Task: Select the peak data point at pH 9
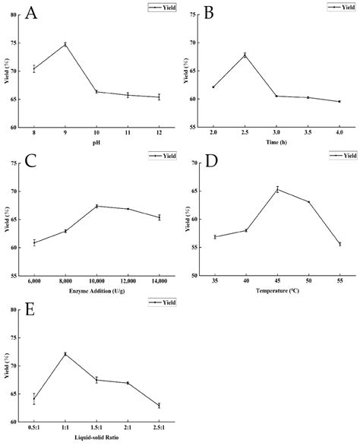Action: coord(65,44)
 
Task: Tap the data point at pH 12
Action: coord(158,97)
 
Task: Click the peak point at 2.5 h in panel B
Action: coord(245,55)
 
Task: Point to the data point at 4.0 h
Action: coord(339,101)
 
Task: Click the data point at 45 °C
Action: coord(277,189)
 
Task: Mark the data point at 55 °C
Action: coord(339,244)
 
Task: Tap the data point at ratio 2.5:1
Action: coord(159,406)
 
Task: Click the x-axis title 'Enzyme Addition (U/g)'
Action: coord(96,292)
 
